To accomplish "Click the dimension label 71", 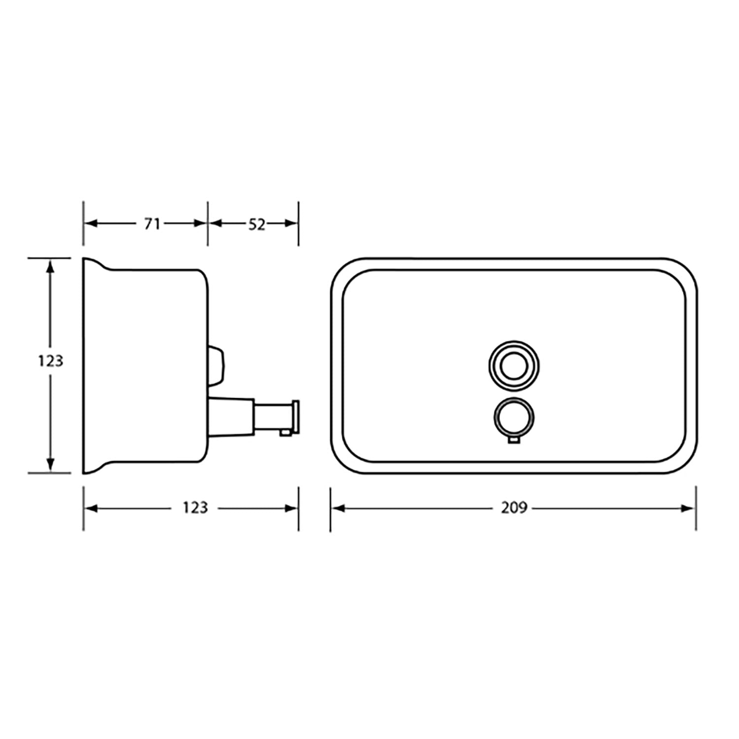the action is [x=152, y=224].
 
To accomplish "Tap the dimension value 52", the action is [x=257, y=224].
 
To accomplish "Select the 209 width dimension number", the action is [x=514, y=507].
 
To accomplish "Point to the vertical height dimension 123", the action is [x=51, y=361].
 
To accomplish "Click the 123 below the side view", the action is [x=195, y=507].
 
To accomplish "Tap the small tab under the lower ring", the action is [x=513, y=440].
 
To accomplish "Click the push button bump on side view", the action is [x=216, y=366].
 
